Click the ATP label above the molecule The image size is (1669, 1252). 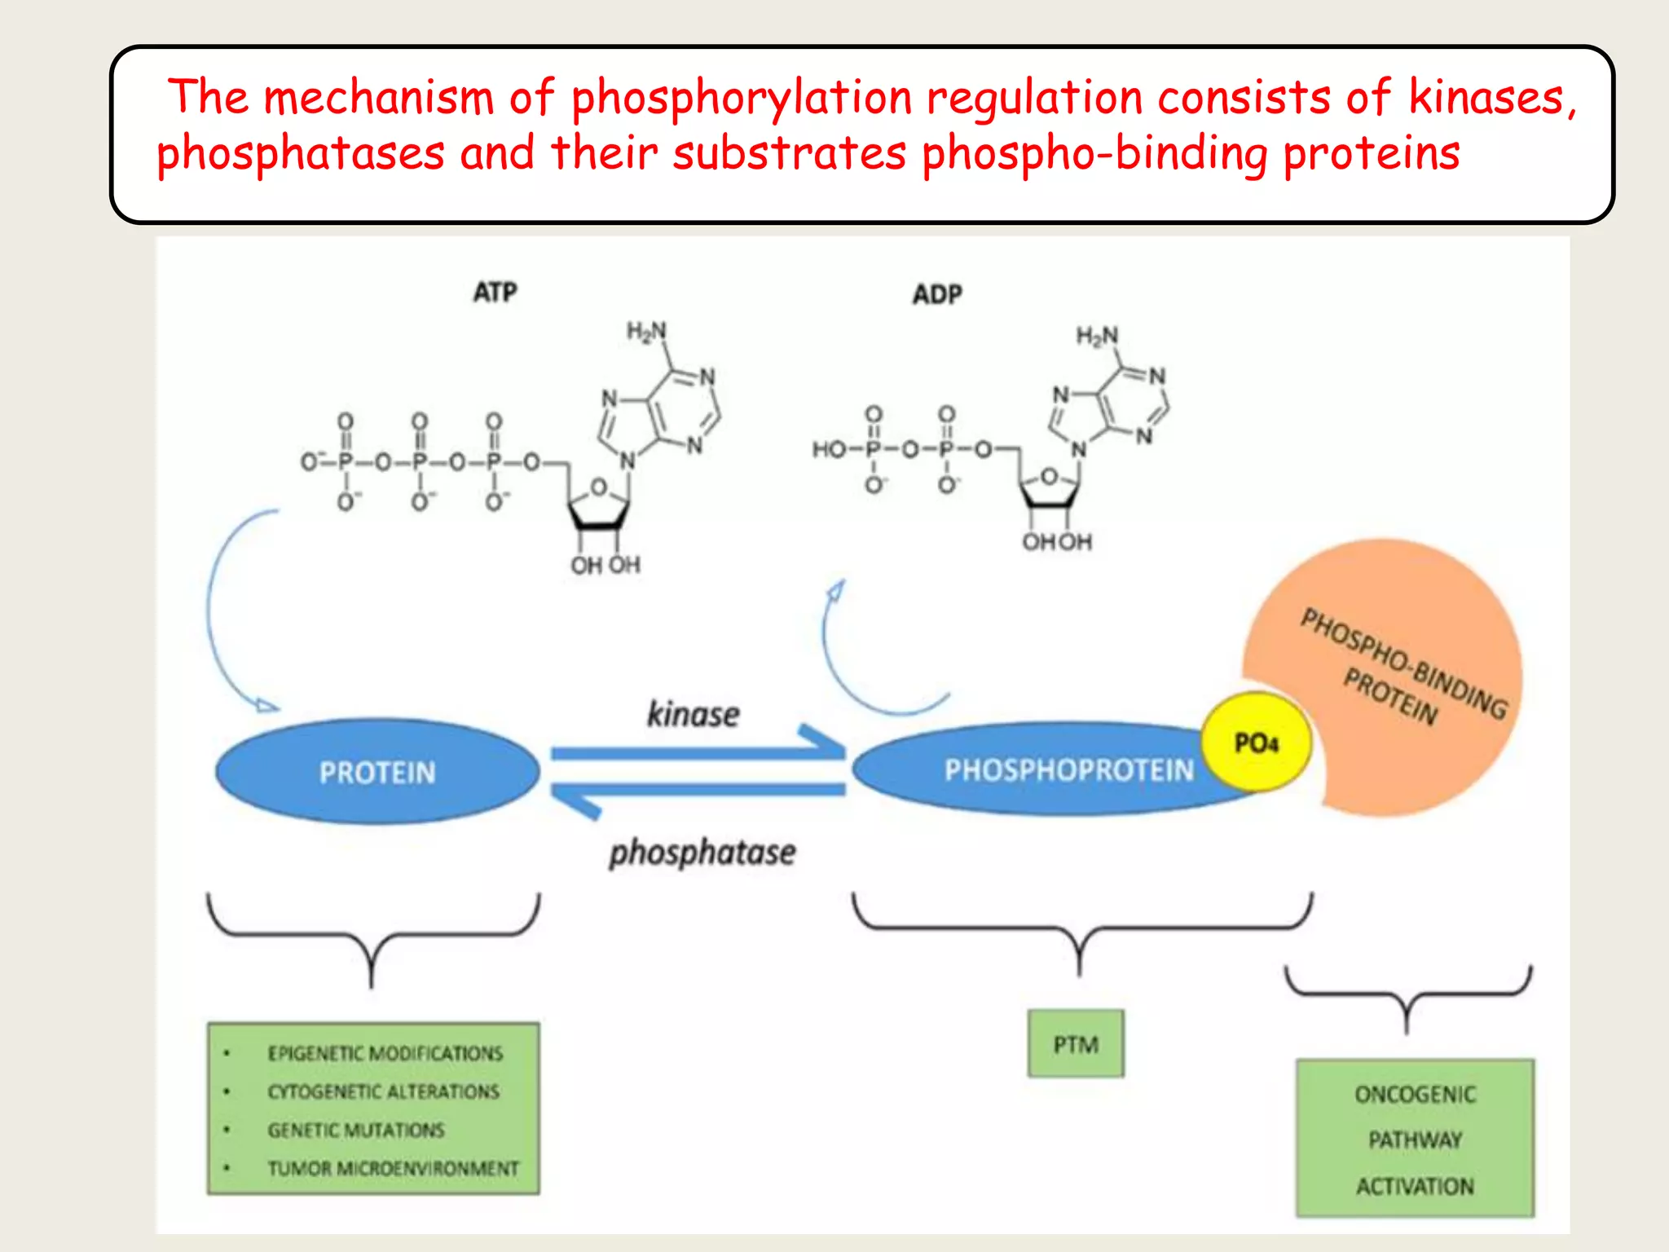click(x=495, y=292)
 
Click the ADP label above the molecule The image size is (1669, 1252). click(x=936, y=294)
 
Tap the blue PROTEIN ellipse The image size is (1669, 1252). click(x=377, y=772)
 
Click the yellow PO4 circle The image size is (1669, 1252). click(x=1256, y=743)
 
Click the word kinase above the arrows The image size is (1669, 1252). click(x=693, y=714)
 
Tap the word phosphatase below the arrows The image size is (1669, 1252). click(x=702, y=853)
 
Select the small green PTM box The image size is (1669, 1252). click(x=1076, y=1044)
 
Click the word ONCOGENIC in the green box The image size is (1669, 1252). click(x=1415, y=1094)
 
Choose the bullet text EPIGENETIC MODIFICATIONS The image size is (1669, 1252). click(x=385, y=1053)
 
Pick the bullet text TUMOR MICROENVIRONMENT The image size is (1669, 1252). click(x=393, y=1168)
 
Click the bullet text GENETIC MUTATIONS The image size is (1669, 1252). click(x=356, y=1130)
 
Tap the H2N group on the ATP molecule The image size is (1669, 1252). click(x=646, y=331)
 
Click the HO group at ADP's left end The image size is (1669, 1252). click(x=829, y=449)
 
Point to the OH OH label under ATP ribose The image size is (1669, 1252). click(x=606, y=565)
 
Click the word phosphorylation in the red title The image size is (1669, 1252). click(x=741, y=99)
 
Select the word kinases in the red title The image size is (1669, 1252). click(x=1486, y=99)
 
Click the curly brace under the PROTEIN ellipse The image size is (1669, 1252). click(x=372, y=937)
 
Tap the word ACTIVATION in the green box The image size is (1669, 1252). click(x=1415, y=1186)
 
